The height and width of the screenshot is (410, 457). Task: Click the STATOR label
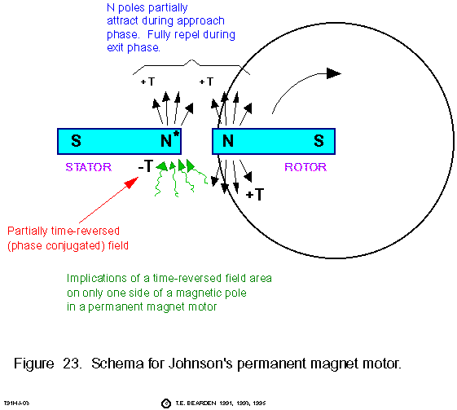89,167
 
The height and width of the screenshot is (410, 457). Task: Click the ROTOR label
305,167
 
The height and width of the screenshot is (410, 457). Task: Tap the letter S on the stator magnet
76,140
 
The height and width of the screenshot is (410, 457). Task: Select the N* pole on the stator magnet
170,139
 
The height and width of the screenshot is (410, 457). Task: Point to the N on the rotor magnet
228,141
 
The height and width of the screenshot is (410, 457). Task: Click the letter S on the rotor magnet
319,140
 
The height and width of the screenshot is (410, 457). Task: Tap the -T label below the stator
146,166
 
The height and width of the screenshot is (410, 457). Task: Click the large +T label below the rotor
255,194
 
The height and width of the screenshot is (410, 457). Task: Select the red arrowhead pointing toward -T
131,183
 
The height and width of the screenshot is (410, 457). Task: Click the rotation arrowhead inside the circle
334,73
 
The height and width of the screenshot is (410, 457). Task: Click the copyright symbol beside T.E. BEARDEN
166,403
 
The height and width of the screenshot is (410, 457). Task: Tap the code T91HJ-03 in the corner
16,403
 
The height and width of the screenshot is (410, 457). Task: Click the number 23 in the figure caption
72,364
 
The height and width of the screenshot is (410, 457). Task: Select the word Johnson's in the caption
200,364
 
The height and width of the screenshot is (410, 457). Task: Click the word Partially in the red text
28,231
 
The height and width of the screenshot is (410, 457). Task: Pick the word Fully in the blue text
159,35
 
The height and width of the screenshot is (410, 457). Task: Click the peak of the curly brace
191,60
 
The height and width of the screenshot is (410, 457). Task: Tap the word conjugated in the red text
75,246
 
